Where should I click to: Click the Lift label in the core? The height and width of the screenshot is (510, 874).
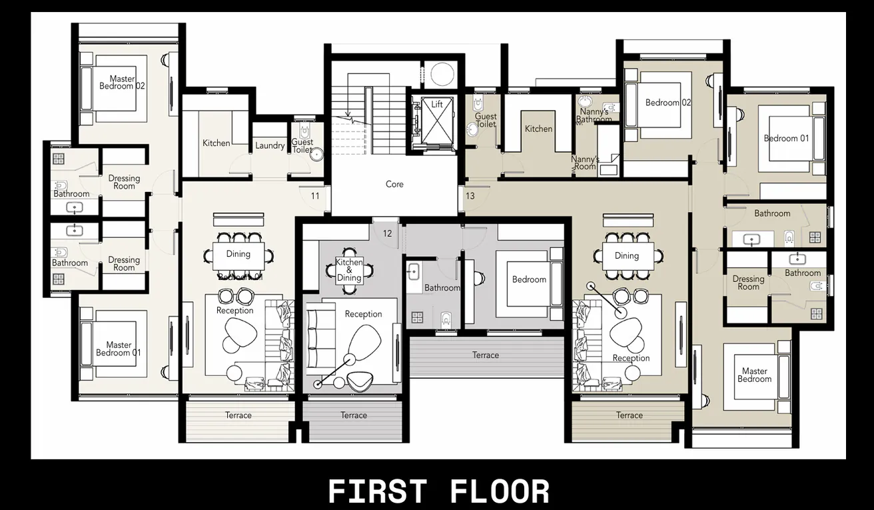[437, 105]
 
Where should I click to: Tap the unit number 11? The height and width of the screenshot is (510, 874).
[315, 196]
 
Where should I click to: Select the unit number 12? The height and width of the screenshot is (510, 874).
[387, 233]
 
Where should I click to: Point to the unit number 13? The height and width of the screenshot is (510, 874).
[470, 196]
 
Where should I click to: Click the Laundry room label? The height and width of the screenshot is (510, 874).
[270, 146]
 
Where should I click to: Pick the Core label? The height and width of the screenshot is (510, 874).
[394, 184]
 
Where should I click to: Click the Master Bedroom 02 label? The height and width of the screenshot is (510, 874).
[122, 83]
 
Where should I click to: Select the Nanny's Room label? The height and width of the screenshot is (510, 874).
[585, 163]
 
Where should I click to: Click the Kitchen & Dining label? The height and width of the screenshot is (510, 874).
[349, 270]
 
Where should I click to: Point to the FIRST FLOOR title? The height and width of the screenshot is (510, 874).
[439, 491]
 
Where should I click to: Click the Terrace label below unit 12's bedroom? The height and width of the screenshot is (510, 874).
[486, 355]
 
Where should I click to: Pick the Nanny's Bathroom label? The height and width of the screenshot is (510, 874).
[594, 116]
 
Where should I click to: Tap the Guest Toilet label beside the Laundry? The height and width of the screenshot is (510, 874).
[302, 146]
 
